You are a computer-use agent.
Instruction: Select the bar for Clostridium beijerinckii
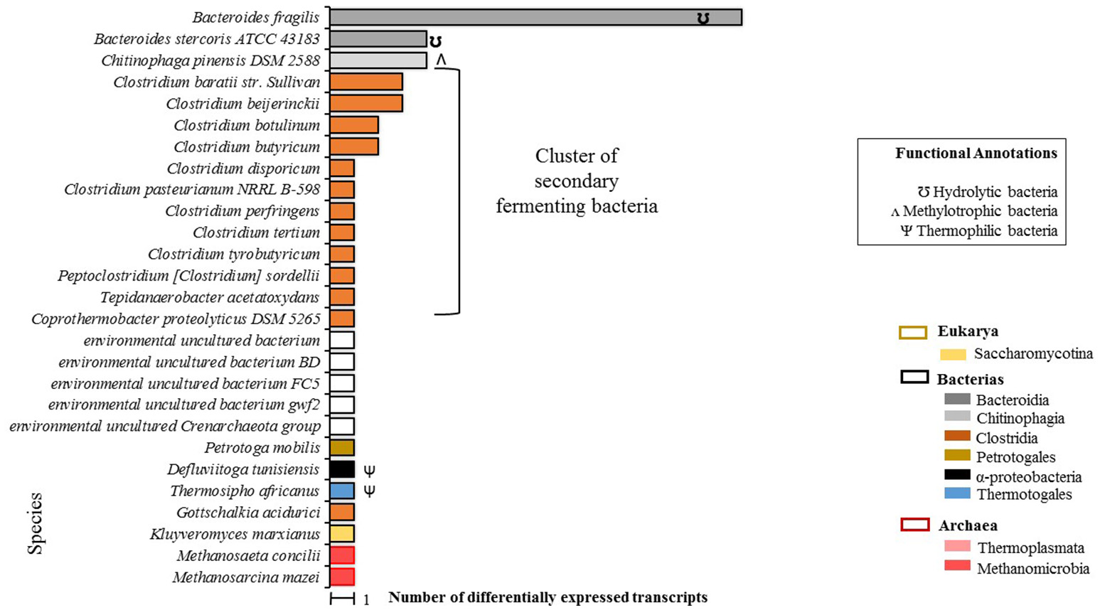(365, 104)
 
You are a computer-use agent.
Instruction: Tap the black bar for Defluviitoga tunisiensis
(342, 469)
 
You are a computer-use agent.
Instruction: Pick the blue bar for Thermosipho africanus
(342, 491)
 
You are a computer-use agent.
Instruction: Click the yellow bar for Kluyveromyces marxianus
(342, 534)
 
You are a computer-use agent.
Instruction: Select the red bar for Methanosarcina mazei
(342, 577)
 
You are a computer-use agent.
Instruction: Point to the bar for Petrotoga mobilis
(342, 448)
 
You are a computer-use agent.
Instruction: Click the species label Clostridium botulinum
(247, 126)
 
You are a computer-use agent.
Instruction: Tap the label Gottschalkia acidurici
(248, 513)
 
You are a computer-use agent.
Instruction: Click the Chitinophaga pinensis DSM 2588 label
(210, 61)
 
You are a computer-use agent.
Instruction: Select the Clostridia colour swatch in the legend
(957, 437)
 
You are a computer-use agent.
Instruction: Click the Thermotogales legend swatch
(957, 493)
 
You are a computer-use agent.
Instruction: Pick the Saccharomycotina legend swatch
(953, 354)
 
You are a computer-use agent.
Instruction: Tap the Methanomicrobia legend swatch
(957, 567)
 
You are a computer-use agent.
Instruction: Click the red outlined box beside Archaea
(914, 525)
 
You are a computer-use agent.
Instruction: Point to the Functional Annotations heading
(976, 153)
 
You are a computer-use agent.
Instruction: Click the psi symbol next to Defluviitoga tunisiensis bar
(369, 470)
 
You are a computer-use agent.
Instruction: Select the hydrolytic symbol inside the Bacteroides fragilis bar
(703, 18)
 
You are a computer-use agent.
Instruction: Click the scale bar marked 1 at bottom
(342, 599)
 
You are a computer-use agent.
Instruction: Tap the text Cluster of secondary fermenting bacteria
(576, 181)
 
